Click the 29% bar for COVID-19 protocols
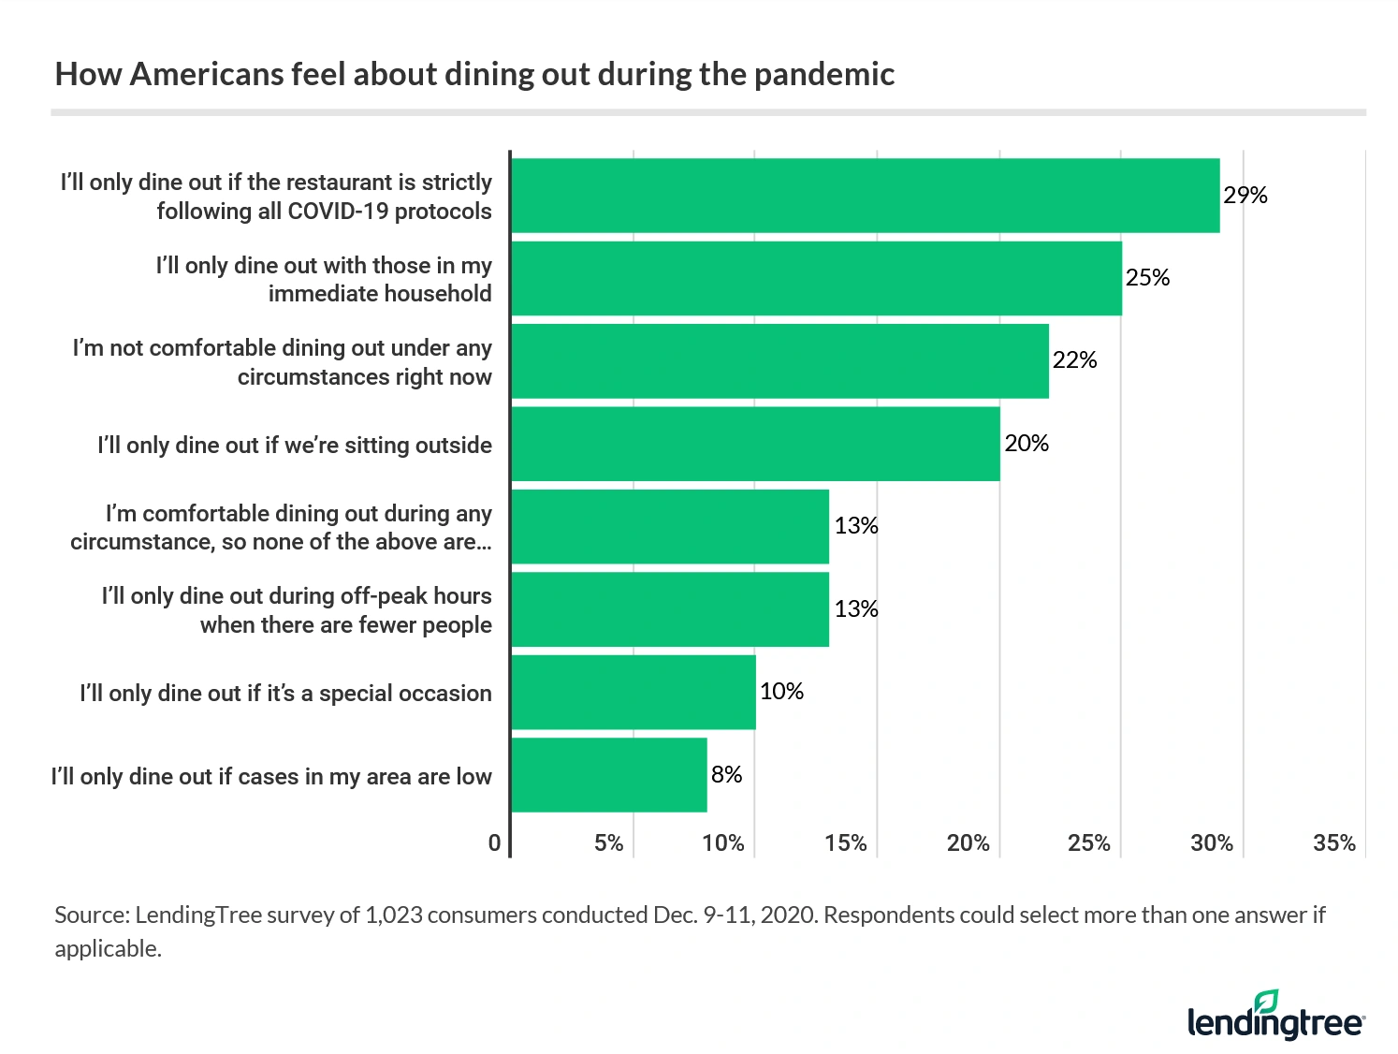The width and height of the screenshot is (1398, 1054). [865, 196]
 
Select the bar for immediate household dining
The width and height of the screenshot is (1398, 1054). [816, 278]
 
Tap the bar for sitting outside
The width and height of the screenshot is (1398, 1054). [755, 444]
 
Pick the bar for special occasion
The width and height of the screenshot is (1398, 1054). [633, 692]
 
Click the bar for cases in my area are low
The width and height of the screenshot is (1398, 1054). [609, 775]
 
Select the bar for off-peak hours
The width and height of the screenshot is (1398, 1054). [670, 609]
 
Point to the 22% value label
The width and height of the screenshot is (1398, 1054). [1074, 360]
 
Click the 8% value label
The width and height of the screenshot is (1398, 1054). [726, 774]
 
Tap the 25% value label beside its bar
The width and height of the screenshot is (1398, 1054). [1147, 278]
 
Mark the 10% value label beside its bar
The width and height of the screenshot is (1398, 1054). [781, 692]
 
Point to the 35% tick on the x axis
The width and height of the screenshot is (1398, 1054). [1333, 843]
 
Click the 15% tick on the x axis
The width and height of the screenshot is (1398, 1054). [845, 843]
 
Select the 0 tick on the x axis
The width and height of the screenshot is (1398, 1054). [494, 843]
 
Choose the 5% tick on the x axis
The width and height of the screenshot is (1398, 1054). [608, 843]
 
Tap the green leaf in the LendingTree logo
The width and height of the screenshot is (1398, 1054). [1266, 1001]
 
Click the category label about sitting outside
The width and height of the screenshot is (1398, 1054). [294, 445]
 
